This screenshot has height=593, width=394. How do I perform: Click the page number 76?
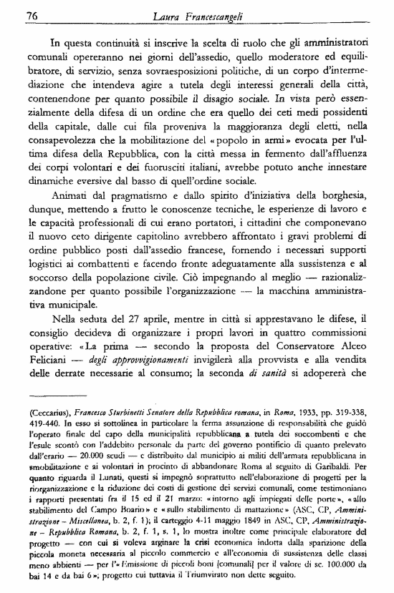point(32,15)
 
